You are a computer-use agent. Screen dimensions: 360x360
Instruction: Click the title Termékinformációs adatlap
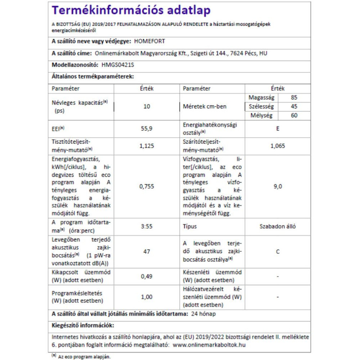(131, 10)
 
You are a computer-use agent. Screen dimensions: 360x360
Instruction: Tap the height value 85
(295, 98)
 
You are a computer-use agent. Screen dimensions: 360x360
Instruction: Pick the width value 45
(295, 107)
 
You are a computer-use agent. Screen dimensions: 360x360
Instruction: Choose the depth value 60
(295, 116)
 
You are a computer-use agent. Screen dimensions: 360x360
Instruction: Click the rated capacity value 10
(147, 107)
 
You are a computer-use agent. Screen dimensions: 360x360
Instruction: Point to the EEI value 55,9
(147, 128)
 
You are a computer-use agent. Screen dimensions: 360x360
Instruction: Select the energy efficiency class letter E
(278, 128)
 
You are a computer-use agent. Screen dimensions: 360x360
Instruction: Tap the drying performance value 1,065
(278, 146)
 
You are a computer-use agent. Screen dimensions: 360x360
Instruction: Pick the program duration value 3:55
(147, 226)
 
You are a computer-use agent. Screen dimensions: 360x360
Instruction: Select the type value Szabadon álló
(278, 226)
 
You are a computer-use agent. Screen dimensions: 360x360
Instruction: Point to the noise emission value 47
(147, 251)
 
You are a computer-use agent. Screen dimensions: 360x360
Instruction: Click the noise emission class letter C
(278, 251)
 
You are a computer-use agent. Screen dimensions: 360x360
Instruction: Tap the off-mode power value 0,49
(147, 276)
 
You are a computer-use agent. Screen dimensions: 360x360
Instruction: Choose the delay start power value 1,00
(147, 297)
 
